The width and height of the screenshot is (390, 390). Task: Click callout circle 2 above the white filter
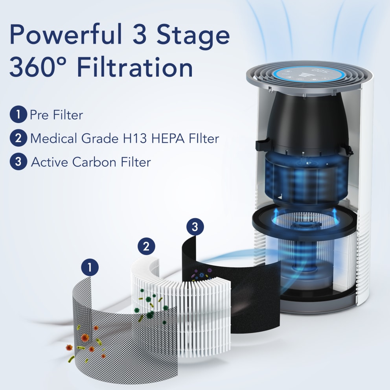click(146, 247)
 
